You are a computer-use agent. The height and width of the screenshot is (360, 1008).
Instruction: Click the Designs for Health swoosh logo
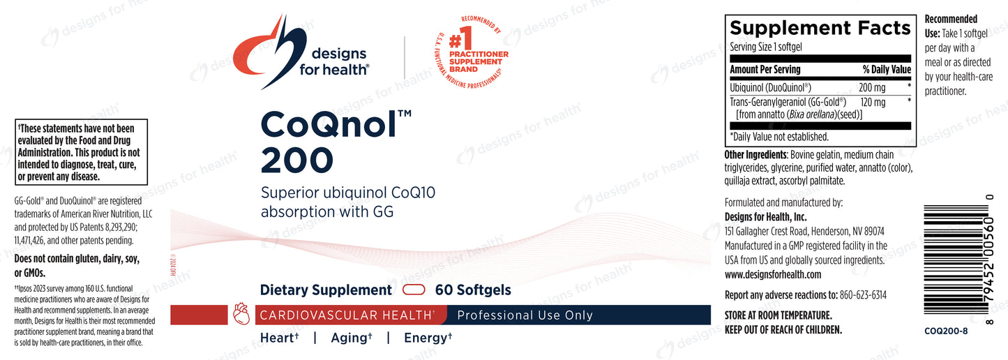click(x=263, y=52)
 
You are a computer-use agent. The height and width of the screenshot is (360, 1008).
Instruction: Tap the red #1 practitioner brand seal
click(x=471, y=52)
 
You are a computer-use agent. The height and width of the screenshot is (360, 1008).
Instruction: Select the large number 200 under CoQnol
click(x=297, y=160)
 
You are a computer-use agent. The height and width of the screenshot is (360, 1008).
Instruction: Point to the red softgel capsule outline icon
click(x=414, y=290)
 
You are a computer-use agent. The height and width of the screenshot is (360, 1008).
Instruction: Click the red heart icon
click(x=241, y=314)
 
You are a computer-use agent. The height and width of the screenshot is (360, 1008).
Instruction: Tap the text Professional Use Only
click(x=525, y=315)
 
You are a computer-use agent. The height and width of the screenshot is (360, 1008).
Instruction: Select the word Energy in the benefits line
click(x=426, y=338)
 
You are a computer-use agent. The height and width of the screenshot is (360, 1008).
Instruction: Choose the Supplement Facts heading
click(x=820, y=28)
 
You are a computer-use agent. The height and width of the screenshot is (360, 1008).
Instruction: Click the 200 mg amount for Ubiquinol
click(x=872, y=87)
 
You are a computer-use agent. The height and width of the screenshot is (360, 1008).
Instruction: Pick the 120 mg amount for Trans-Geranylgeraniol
click(x=873, y=102)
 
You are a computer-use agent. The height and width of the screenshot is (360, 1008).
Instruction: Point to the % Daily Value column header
click(x=887, y=69)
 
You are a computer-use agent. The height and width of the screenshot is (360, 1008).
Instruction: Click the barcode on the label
click(x=956, y=260)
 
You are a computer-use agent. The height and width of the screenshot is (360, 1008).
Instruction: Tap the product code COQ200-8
click(x=946, y=331)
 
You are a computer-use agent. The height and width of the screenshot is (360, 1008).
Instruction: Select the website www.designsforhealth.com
click(x=773, y=274)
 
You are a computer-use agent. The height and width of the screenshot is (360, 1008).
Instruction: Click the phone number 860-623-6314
click(x=863, y=295)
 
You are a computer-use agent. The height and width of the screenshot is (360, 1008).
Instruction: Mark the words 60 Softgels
click(x=473, y=290)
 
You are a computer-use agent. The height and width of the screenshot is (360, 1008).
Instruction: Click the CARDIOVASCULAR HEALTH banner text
click(x=346, y=315)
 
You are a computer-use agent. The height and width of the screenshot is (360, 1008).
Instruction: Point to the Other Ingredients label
click(x=755, y=155)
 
